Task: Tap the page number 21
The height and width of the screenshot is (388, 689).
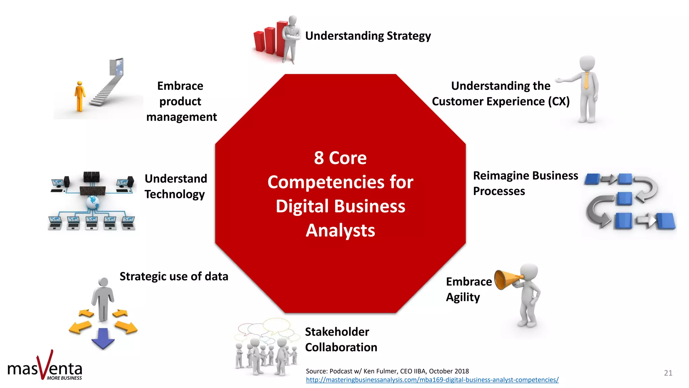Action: (x=668, y=373)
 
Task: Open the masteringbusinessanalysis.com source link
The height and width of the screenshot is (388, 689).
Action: (x=432, y=380)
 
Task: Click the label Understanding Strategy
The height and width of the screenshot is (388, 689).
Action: (x=368, y=36)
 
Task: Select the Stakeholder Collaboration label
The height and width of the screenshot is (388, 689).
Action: (x=341, y=339)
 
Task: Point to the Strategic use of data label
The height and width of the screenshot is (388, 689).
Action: (x=174, y=277)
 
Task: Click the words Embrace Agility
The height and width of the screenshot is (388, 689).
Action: (x=469, y=289)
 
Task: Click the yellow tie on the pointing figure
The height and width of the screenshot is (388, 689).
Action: (x=586, y=81)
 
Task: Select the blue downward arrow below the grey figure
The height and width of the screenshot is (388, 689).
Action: (x=103, y=338)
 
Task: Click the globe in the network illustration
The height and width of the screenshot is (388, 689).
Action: (x=93, y=203)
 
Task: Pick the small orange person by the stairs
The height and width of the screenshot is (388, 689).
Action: (x=80, y=96)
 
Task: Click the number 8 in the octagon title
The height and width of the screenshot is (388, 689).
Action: (x=319, y=158)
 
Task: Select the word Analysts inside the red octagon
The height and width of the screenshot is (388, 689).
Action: (x=340, y=230)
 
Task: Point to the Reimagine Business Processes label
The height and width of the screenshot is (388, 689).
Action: (x=525, y=183)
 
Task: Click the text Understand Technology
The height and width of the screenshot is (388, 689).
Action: (x=176, y=186)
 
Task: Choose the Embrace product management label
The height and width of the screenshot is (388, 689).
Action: (x=181, y=101)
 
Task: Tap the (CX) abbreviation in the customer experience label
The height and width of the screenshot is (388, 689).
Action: (x=558, y=101)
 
